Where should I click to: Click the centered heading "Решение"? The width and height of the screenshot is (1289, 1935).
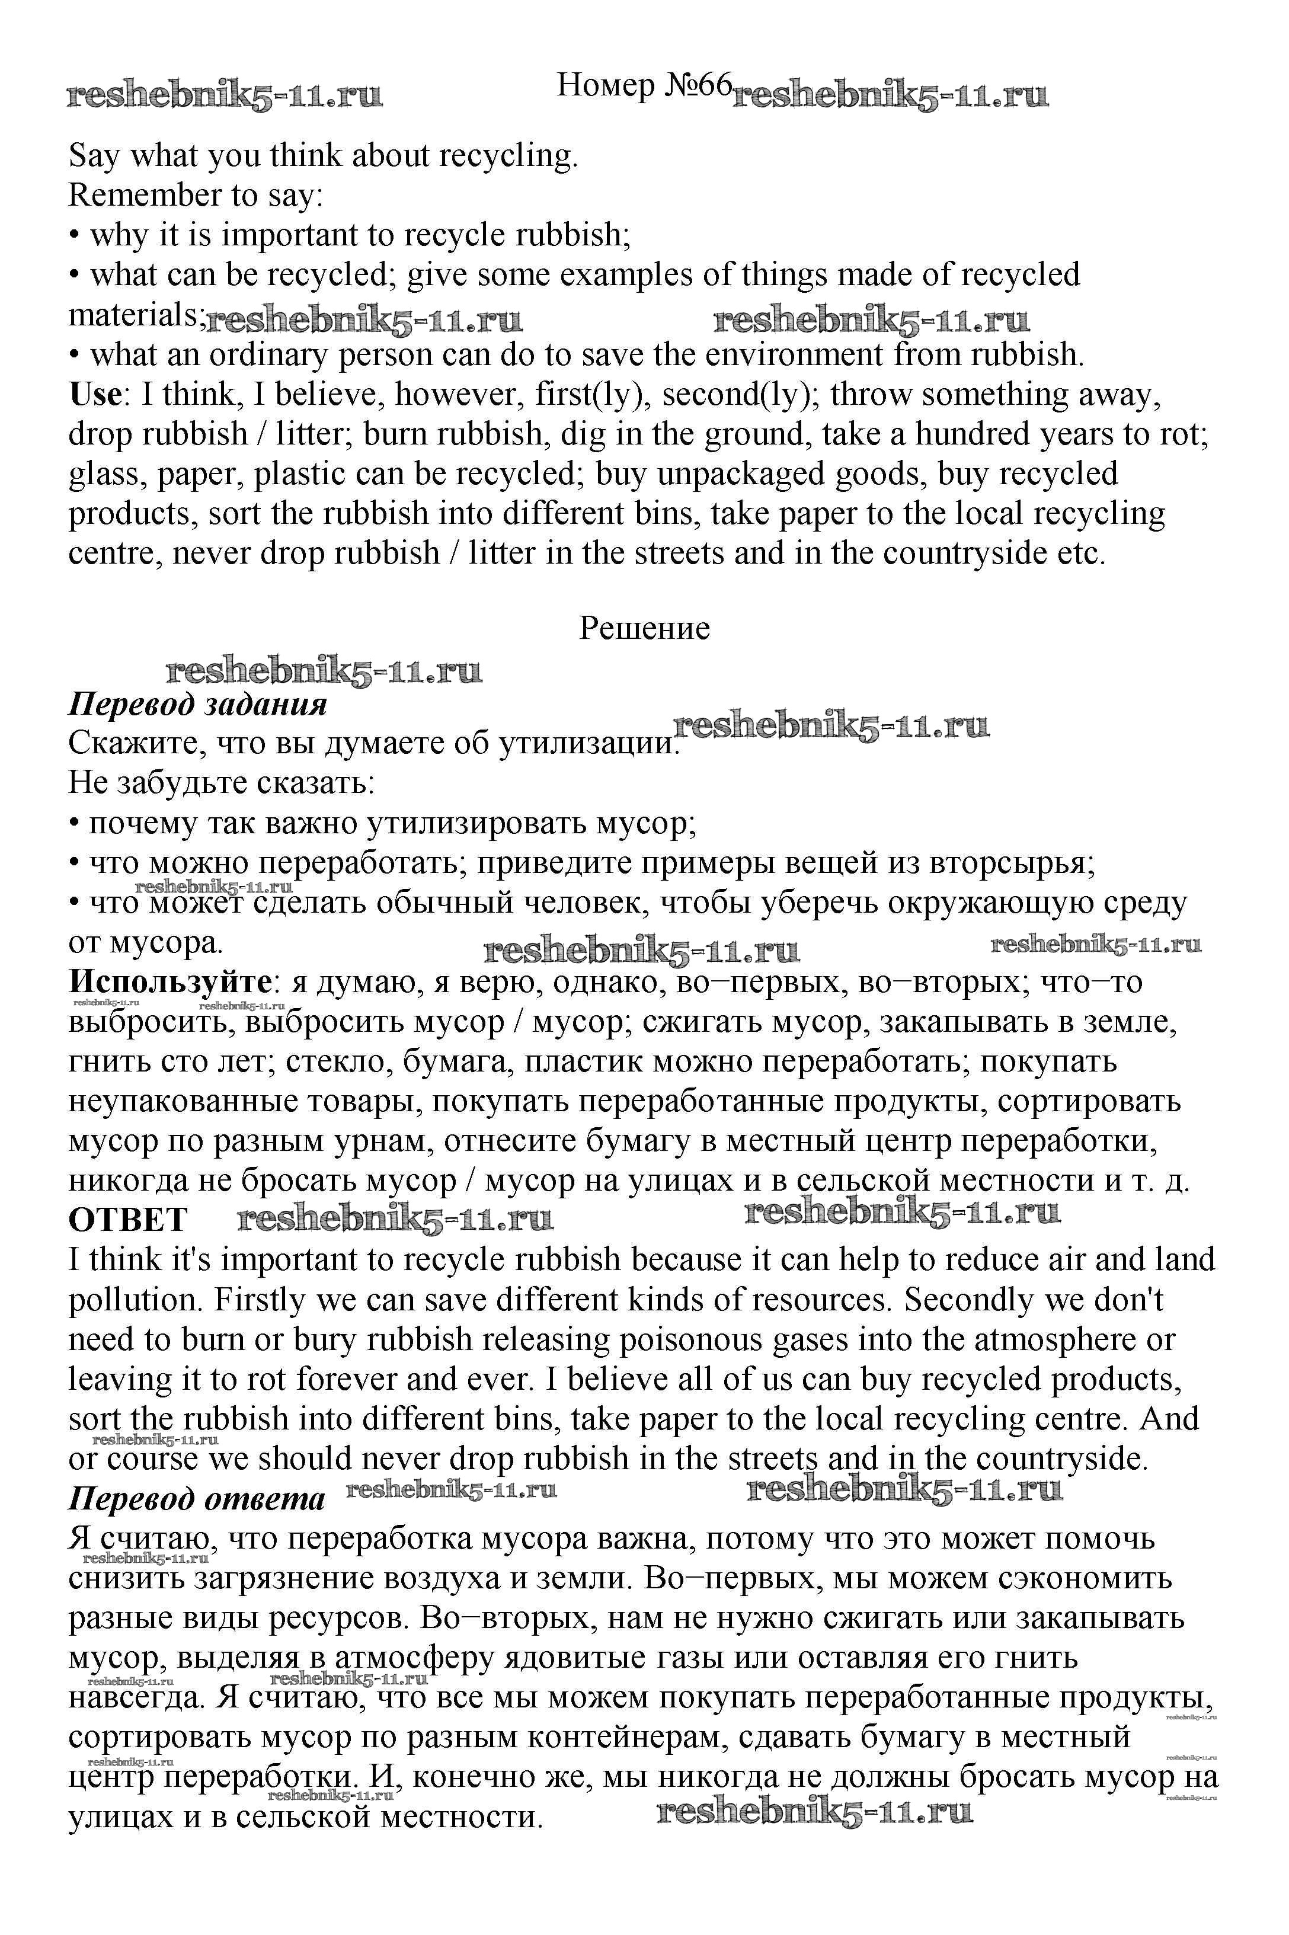(645, 628)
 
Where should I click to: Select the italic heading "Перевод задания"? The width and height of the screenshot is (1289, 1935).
(197, 705)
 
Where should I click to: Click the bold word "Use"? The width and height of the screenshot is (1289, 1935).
(95, 395)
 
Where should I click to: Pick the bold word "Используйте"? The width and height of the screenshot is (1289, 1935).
(170, 982)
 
